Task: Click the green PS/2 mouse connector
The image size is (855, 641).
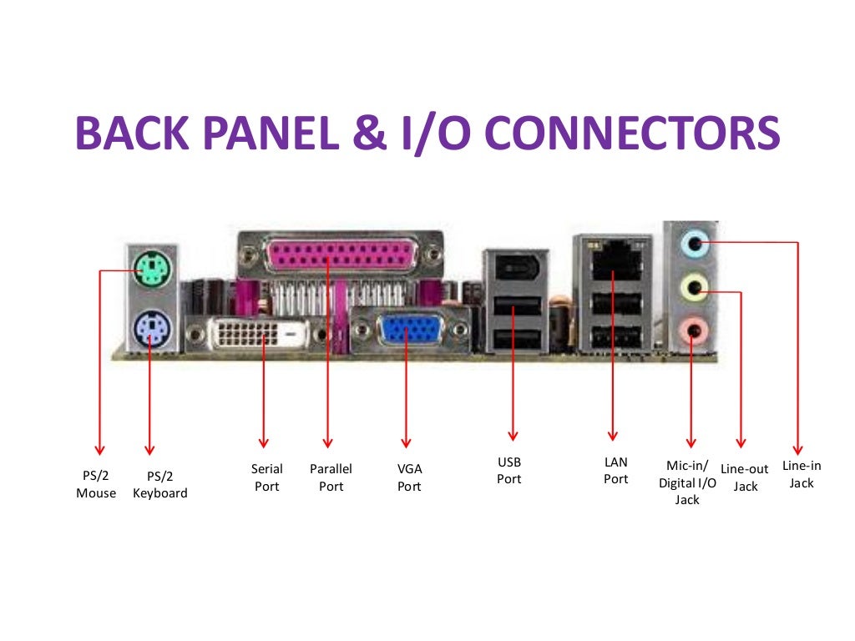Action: [148, 269]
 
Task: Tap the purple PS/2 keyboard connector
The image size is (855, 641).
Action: [149, 326]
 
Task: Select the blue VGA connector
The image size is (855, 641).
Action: [405, 330]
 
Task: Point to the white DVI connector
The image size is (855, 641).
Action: [257, 335]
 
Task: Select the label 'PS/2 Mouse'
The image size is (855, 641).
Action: [96, 484]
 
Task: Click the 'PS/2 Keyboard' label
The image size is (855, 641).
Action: [160, 484]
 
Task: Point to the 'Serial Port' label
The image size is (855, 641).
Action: [267, 477]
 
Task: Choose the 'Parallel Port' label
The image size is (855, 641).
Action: [331, 477]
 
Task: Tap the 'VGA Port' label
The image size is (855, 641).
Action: [409, 477]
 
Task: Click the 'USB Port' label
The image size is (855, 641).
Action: [509, 470]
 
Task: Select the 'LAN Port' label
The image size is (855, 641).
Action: [616, 470]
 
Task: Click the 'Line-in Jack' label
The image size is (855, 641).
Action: [802, 474]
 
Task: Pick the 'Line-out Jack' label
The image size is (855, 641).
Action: [745, 477]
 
